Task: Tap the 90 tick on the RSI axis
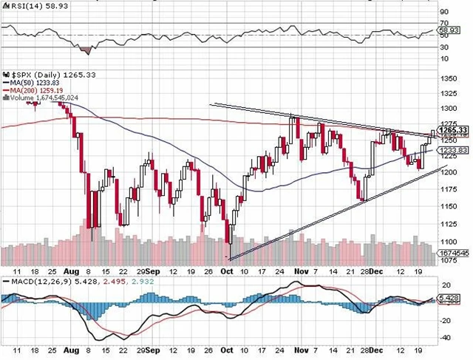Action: coord(443,12)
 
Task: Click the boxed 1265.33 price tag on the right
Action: coord(453,130)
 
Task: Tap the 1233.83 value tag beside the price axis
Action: coord(453,150)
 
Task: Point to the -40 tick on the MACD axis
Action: coord(445,338)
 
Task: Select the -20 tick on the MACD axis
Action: coord(445,320)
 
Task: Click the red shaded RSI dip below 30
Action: coord(86,50)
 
